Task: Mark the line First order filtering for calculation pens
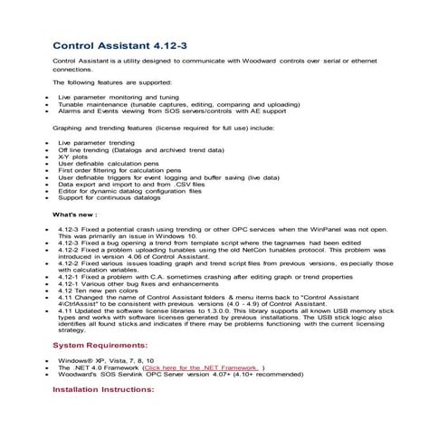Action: point(119,170)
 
